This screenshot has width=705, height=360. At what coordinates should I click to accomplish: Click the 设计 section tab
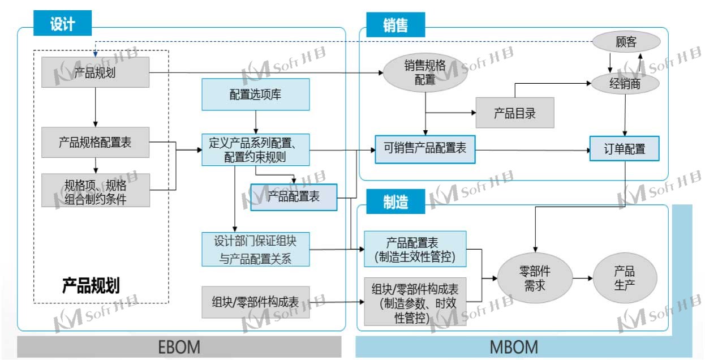(x=62, y=24)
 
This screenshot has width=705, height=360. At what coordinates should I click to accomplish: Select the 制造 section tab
(x=395, y=202)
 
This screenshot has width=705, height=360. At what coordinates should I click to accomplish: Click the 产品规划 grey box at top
(x=95, y=72)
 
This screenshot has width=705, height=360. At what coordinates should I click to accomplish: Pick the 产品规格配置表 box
(x=95, y=142)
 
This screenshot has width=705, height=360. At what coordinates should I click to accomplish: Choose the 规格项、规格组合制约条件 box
(x=95, y=190)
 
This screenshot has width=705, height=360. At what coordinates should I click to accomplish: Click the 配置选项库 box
(x=256, y=95)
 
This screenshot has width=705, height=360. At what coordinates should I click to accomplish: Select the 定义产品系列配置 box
(x=256, y=149)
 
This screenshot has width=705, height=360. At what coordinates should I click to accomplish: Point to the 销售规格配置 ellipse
(x=425, y=72)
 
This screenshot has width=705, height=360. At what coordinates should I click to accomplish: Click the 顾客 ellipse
(x=626, y=42)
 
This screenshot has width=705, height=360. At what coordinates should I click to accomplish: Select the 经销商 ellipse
(x=626, y=84)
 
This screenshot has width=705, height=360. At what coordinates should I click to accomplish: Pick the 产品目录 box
(x=515, y=113)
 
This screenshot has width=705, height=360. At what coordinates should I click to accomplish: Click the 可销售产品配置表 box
(x=425, y=149)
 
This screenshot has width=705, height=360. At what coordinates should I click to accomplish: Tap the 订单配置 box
(x=625, y=149)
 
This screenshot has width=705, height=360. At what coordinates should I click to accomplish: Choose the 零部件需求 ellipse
(x=535, y=278)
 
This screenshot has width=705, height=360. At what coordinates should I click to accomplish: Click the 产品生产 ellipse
(x=625, y=278)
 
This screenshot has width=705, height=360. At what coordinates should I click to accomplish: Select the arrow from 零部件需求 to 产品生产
(x=582, y=278)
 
